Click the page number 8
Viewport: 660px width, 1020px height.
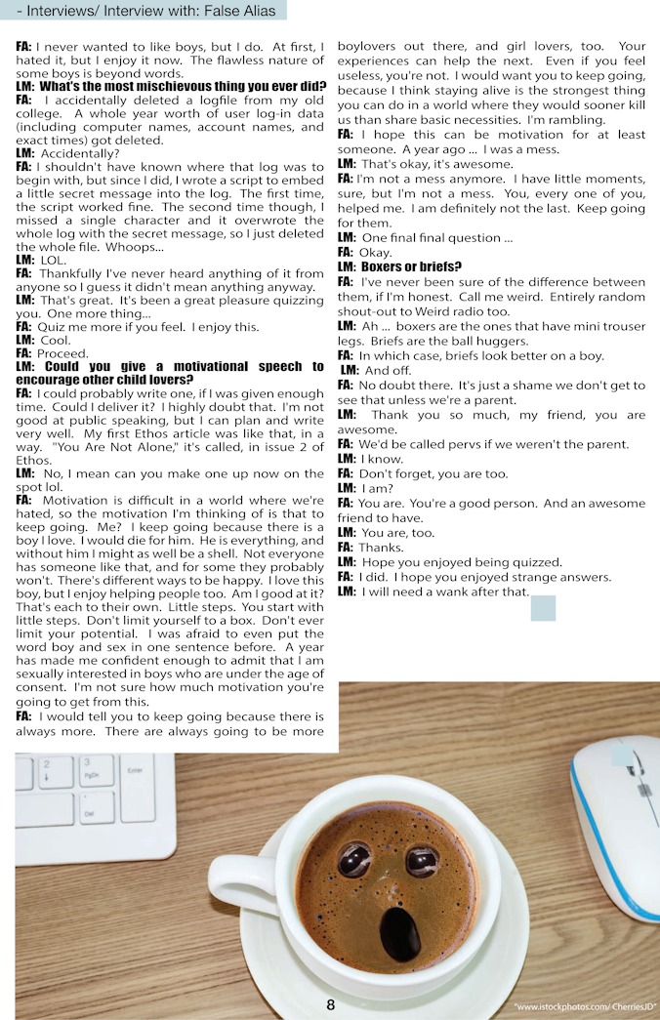pos(331,1004)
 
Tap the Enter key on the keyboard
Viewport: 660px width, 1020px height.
pos(136,770)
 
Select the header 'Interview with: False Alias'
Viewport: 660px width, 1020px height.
pos(195,12)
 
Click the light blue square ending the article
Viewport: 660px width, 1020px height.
pos(543,607)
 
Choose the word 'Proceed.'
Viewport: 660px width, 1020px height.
pos(63,352)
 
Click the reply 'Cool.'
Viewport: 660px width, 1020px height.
pos(57,339)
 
